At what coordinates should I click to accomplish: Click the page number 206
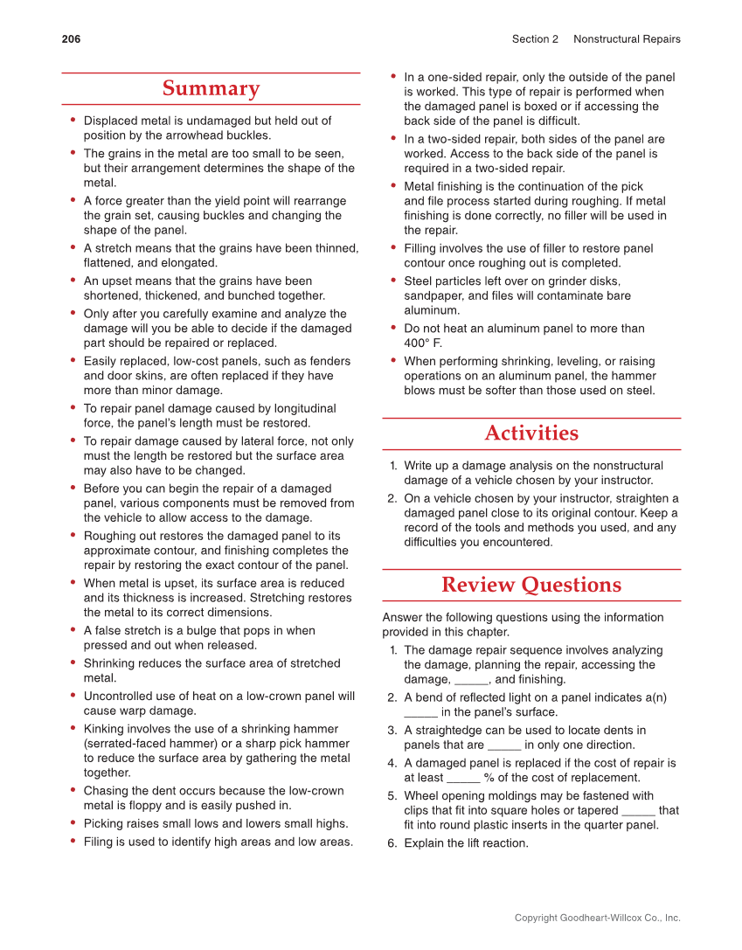pos(71,38)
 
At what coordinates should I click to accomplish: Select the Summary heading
pos(211,88)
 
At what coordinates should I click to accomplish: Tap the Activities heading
pos(531,433)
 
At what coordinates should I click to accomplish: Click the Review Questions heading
pos(531,585)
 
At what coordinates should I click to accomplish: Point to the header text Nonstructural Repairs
pos(627,38)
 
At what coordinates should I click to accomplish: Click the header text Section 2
pos(535,38)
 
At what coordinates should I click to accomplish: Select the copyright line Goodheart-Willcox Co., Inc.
pos(598,918)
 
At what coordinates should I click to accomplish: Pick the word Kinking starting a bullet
pos(105,729)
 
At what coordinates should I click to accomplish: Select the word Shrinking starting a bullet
pos(110,663)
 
